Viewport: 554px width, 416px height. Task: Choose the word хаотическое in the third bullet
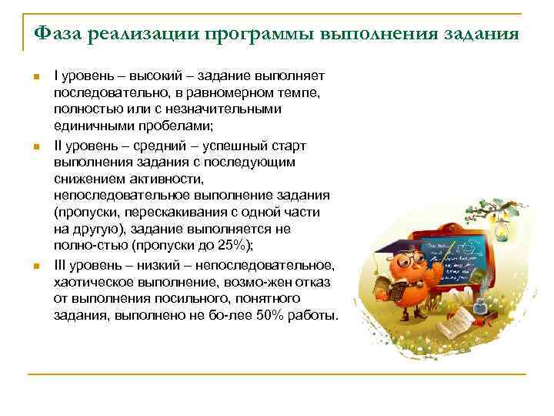pyautogui.click(x=92, y=282)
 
